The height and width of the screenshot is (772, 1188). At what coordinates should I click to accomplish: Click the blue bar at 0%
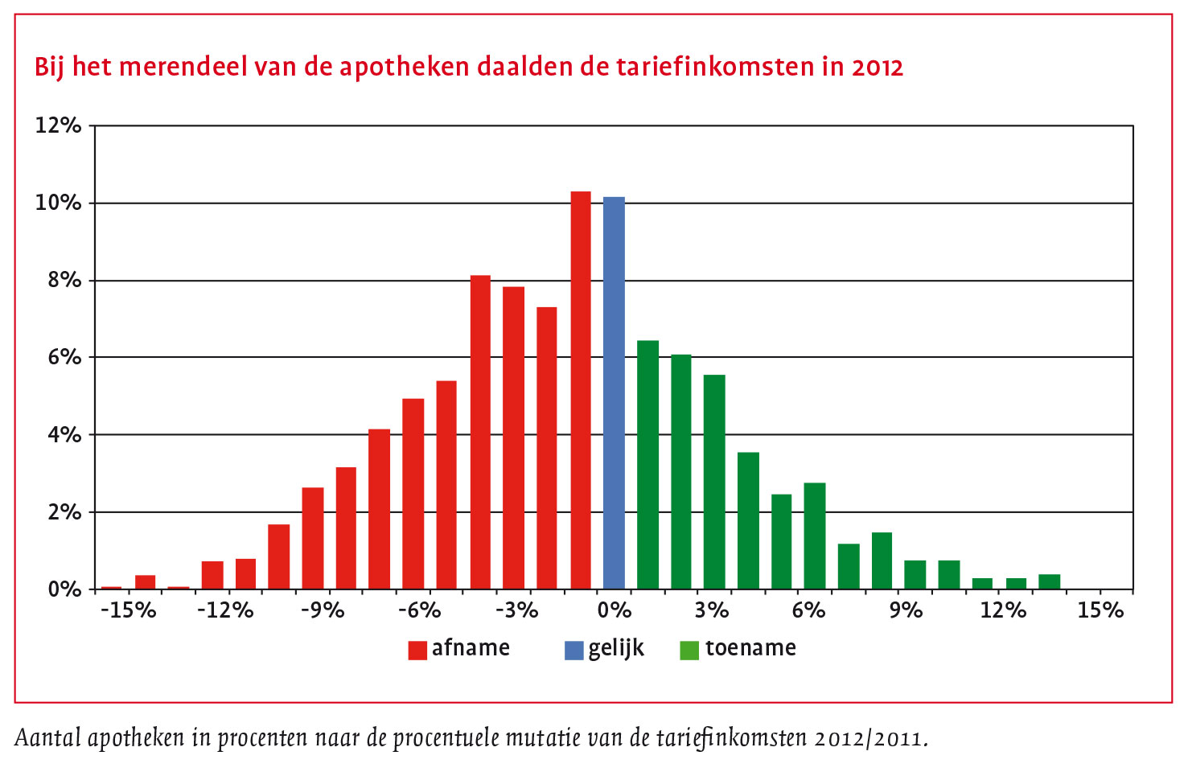[614, 394]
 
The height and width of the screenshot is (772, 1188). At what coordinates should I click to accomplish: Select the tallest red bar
[581, 390]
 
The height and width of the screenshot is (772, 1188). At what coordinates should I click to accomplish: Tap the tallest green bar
[647, 465]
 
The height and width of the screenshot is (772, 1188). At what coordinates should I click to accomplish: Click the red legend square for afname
[417, 650]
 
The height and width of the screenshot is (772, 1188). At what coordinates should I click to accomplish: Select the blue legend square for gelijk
[573, 650]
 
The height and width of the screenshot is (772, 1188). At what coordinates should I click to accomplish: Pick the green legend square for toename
[689, 650]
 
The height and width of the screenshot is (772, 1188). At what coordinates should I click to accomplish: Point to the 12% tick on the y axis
[58, 125]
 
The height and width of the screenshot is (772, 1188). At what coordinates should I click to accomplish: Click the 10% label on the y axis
[58, 203]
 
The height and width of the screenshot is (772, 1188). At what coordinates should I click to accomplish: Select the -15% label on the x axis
[128, 610]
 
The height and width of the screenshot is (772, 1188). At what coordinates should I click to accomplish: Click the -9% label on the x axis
[323, 610]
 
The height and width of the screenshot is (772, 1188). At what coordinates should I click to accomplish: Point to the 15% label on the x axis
[1100, 610]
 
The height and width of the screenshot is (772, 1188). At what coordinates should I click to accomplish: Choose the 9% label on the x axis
[906, 610]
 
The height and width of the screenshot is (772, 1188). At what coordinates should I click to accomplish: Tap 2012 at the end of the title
[878, 67]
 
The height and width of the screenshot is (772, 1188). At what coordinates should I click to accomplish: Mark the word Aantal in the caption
[47, 737]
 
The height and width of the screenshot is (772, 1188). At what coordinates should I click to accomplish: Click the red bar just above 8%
[480, 433]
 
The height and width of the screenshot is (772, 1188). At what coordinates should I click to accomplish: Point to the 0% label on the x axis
[614, 610]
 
